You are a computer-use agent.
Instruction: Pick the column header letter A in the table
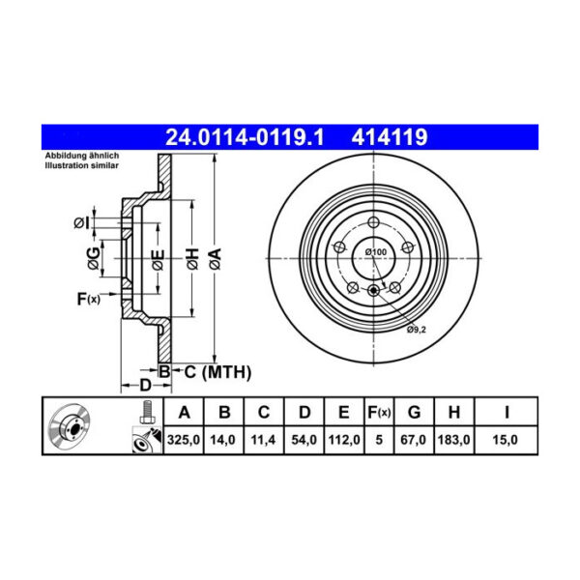coord(185,413)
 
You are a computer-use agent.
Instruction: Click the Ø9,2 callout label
coord(417,330)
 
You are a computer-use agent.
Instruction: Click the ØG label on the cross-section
coord(91,257)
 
